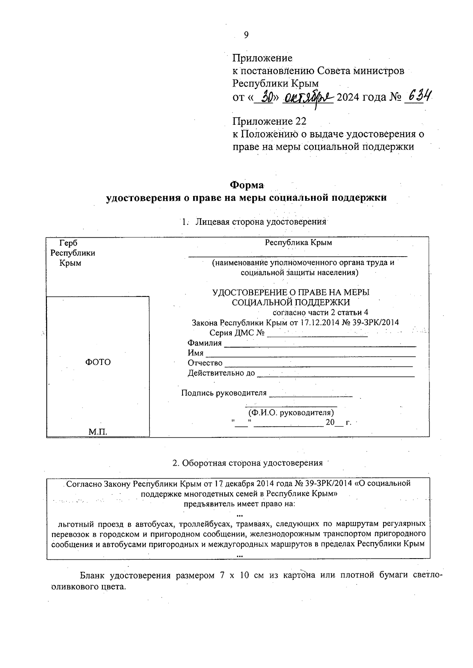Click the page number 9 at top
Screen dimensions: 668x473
246,35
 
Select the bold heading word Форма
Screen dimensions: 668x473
247,185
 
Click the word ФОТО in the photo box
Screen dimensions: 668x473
98,362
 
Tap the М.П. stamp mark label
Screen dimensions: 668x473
98,432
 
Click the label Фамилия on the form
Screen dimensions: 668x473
205,343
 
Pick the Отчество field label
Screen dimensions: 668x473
205,363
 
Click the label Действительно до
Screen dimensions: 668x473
221,373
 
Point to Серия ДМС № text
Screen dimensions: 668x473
236,333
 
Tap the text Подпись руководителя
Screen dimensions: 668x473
223,393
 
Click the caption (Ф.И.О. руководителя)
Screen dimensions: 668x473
291,413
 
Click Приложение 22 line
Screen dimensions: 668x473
269,121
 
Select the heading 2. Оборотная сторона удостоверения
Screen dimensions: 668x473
248,463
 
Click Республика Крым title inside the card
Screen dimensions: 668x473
298,242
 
